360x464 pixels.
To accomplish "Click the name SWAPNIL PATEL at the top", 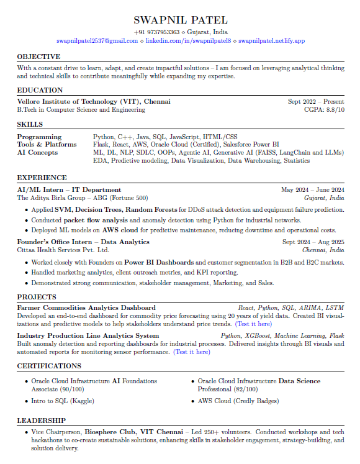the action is click(180, 20).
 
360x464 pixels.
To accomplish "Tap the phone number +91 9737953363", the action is click(156, 32).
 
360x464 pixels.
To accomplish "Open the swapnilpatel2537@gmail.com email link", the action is click(97, 40).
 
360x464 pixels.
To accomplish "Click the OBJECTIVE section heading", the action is click(38, 57).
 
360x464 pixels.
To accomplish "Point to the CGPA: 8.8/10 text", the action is click(324, 109).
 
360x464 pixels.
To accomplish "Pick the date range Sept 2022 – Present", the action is click(316, 101).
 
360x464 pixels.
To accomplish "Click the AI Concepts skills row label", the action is click(37, 152).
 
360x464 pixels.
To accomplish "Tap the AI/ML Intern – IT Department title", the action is click(69, 190).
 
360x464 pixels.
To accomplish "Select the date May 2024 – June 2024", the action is click(312, 190).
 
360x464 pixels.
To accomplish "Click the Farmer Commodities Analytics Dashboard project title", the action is click(86, 307).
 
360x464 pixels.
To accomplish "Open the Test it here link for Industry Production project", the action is click(192, 352).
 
